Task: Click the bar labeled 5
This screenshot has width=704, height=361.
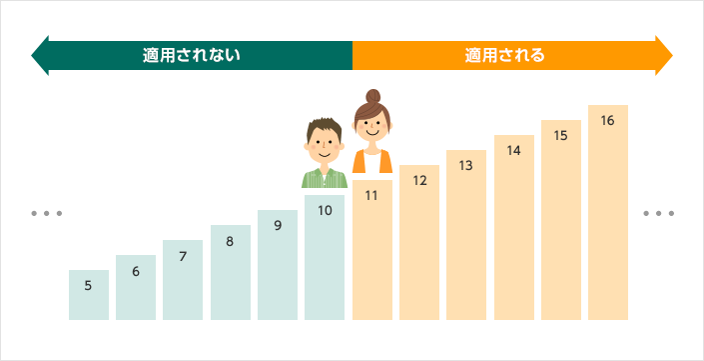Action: [89, 296]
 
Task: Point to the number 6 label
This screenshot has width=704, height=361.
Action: [136, 271]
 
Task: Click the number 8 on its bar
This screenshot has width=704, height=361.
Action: [230, 241]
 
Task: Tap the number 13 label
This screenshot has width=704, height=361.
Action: [466, 166]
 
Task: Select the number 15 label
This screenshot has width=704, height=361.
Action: [560, 135]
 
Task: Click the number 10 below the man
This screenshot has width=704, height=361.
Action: [325, 211]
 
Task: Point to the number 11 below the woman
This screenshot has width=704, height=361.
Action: [371, 196]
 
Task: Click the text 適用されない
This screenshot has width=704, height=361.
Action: [192, 55]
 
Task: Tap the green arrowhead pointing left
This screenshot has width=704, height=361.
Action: [41, 55]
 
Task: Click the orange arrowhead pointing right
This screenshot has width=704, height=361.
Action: [663, 55]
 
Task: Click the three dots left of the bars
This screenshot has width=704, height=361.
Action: [47, 214]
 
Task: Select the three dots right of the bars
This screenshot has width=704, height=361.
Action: [658, 214]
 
